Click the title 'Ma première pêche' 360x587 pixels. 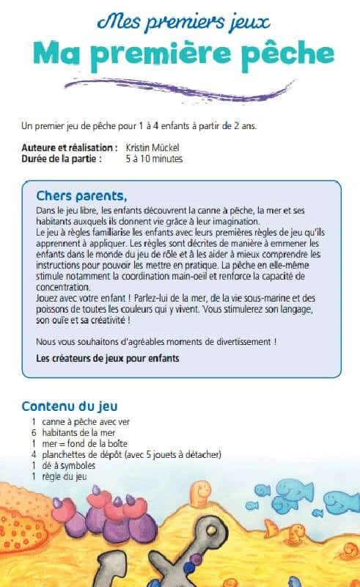[180, 53]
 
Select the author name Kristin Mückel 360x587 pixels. [153, 148]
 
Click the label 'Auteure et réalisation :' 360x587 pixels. [70, 148]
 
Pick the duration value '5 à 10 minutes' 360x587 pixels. [154, 158]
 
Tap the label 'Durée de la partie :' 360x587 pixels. [62, 158]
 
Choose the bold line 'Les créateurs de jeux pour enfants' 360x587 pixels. [108, 359]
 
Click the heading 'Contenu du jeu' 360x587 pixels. [70, 406]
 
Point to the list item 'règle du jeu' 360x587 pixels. [65, 477]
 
